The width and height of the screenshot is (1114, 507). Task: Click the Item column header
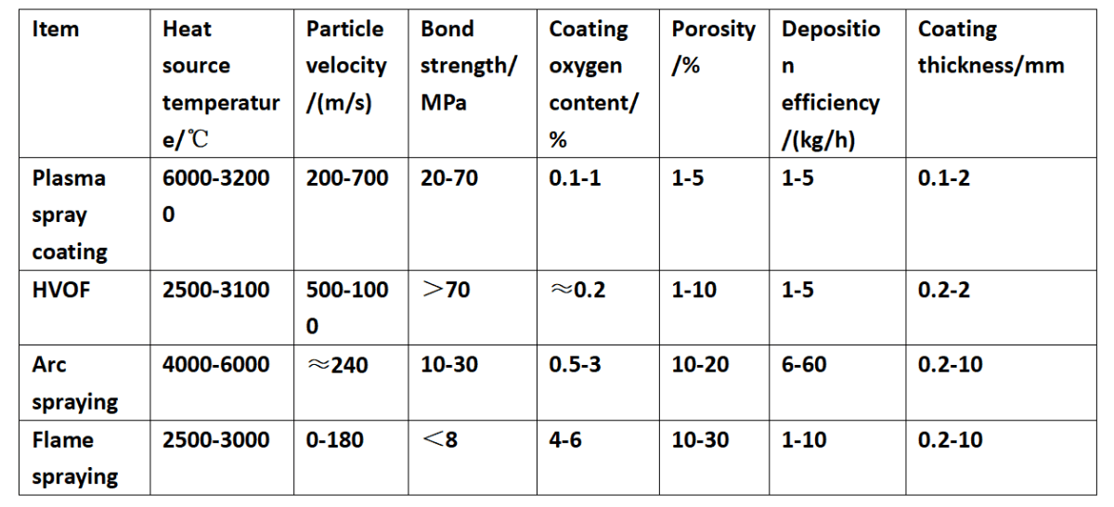[x=56, y=30]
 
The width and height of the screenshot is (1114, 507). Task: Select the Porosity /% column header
[x=713, y=47]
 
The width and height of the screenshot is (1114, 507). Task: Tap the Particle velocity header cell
[x=346, y=66]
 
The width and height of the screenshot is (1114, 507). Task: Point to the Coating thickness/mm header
[x=991, y=47]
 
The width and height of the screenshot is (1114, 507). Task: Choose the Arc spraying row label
[x=75, y=383]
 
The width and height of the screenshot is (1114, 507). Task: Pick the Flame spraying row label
[x=75, y=458]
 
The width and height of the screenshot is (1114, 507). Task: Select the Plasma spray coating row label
[x=70, y=214]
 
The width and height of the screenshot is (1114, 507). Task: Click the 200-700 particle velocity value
[x=347, y=178]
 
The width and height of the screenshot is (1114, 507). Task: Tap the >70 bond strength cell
[x=446, y=291]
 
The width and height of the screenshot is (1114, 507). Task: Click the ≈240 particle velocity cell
[x=337, y=365]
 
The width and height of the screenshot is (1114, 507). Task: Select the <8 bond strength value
[x=439, y=439]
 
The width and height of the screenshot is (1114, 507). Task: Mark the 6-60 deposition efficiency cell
[x=804, y=365]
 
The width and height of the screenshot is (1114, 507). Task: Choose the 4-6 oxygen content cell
[x=565, y=439]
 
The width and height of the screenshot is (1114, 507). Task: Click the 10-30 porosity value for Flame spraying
[x=700, y=439]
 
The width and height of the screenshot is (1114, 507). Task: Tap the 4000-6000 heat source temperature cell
[x=216, y=365]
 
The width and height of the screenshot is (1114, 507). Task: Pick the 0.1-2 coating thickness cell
[x=944, y=178]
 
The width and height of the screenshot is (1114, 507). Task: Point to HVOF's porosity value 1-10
[x=694, y=291]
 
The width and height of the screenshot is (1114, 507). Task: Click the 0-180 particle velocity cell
[x=335, y=439]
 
